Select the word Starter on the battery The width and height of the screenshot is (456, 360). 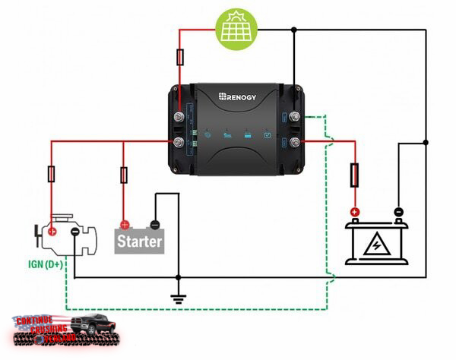click(140, 242)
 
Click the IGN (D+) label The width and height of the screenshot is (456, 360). click(45, 264)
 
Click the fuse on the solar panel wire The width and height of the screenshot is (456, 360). click(179, 57)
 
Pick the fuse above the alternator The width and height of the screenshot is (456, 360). click(52, 175)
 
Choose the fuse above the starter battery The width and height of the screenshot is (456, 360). click(124, 175)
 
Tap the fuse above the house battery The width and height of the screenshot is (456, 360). click(354, 175)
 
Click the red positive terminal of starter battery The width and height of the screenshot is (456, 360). click(125, 224)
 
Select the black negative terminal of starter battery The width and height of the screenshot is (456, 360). click(154, 224)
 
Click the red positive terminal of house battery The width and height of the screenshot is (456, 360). click(354, 213)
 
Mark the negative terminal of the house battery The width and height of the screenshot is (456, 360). click(397, 213)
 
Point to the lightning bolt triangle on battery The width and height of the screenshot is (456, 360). click(375, 245)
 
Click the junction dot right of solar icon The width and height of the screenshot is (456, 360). click(294, 30)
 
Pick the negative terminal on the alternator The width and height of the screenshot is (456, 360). click(74, 231)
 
